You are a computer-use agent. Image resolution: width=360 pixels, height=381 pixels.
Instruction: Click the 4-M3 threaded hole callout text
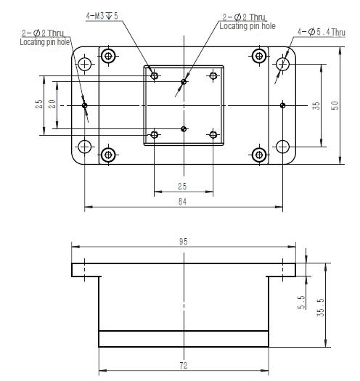[x=102, y=16]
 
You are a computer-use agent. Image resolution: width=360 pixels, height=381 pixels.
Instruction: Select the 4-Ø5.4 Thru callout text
[x=322, y=32]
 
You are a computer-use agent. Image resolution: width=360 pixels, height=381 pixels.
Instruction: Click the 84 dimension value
[x=182, y=202]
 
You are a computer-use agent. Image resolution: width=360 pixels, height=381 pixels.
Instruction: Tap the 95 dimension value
[x=184, y=241]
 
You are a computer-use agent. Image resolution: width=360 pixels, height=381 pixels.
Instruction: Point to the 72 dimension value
[x=184, y=366]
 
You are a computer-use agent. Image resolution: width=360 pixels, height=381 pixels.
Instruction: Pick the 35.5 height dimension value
[x=321, y=308]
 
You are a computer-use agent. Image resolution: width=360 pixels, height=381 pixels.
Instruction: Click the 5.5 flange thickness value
[x=301, y=302]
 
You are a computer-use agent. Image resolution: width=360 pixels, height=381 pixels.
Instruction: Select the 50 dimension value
[x=335, y=105]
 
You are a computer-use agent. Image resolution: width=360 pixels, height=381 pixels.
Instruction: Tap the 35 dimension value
[x=316, y=105]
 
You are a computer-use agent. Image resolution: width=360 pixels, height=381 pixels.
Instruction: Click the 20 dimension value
[x=52, y=104]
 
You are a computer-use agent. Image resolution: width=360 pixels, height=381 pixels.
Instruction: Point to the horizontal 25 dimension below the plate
[x=182, y=187]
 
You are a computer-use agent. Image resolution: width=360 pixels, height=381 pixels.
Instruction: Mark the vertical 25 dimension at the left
[x=39, y=104]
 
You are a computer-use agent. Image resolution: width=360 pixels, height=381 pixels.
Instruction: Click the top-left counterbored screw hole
[x=108, y=56]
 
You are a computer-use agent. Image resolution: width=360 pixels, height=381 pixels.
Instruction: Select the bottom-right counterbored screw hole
[x=259, y=155]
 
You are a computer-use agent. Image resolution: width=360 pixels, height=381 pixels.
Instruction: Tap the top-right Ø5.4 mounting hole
[x=282, y=64]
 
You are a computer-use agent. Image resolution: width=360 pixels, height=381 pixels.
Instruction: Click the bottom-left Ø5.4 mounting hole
[x=85, y=147]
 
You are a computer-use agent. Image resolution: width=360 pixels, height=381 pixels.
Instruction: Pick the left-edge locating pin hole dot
[x=85, y=105]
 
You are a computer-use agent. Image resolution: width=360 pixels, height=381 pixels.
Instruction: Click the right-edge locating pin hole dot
[x=282, y=105]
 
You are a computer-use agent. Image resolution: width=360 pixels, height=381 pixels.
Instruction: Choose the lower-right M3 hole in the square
[x=213, y=134]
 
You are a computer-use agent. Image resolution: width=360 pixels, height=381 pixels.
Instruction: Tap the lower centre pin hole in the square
[x=184, y=128]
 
